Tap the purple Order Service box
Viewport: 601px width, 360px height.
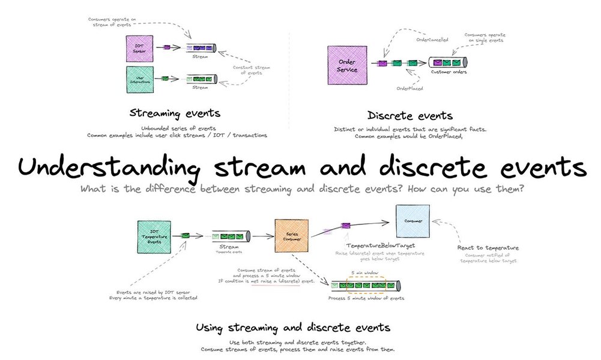[348, 65]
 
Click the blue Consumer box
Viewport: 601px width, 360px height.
[412, 222]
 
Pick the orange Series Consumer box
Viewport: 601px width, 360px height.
[292, 236]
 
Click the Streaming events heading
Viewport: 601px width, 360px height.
[174, 113]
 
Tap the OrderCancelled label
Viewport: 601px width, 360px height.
[431, 40]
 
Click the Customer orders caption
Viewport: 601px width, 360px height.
[448, 72]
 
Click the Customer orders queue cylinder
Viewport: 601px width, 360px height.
[448, 62]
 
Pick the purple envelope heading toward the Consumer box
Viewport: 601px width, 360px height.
[346, 226]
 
